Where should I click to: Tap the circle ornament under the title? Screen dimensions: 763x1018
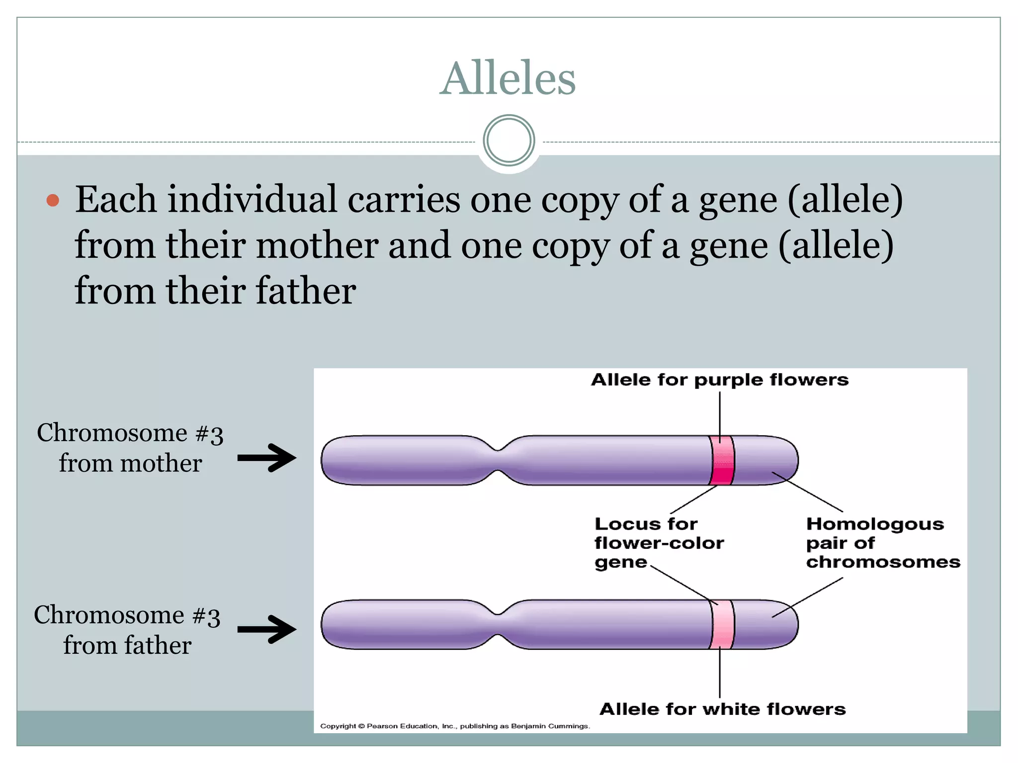point(509,141)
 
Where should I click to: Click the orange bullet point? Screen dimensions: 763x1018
point(53,201)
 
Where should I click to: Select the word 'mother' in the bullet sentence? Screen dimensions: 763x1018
point(317,245)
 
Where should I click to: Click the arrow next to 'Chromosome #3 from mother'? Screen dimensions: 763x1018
point(267,458)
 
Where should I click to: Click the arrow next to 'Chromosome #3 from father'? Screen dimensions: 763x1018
point(267,629)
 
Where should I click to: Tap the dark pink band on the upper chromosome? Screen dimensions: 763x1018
point(722,460)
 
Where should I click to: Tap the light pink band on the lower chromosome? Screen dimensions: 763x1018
point(722,624)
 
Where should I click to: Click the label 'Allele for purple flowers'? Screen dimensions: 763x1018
point(719,380)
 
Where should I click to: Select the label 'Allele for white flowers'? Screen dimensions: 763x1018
point(722,709)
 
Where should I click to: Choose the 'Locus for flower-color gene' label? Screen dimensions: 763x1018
point(659,543)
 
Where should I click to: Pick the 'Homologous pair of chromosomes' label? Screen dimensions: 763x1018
point(883,543)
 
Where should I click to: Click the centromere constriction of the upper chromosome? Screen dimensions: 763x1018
point(498,460)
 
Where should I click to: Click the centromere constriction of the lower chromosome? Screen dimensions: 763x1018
point(498,624)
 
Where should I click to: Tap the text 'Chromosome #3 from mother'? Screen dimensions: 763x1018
point(130,448)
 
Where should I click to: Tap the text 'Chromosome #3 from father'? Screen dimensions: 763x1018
point(127,630)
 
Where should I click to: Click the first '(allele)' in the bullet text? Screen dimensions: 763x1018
point(845,200)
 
